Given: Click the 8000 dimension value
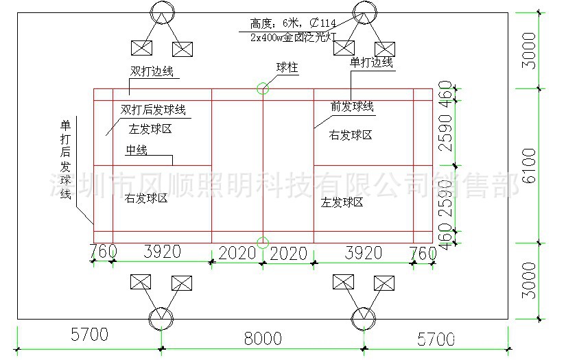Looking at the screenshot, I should [x=263, y=338].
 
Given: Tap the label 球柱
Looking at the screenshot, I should [x=287, y=67].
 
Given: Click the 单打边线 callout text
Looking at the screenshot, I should [x=371, y=62].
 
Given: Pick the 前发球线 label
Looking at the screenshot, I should [x=352, y=106].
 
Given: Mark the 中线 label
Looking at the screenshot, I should [x=136, y=150].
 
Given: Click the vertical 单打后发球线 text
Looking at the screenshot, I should [x=66, y=160].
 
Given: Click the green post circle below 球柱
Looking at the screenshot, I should [x=263, y=88].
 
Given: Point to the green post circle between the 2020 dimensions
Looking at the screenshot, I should [x=263, y=241].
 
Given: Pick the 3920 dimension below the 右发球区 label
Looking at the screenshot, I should [x=162, y=252].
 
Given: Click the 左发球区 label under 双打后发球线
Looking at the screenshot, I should [x=150, y=128].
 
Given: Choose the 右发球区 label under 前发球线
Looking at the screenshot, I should [x=351, y=135].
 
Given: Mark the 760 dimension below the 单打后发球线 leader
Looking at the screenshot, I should [x=103, y=252].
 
